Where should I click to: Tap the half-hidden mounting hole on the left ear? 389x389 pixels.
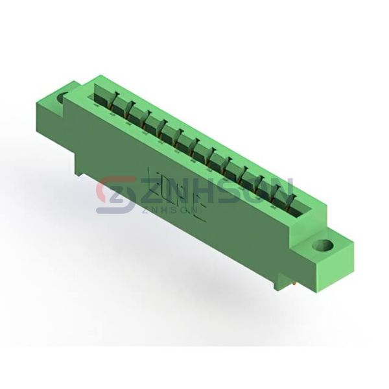point(62,98)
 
